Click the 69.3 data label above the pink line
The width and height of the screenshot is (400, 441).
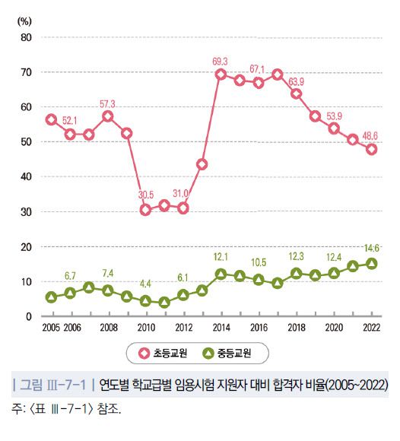pyautogui.click(x=221, y=59)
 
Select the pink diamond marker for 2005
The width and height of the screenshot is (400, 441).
pyautogui.click(x=52, y=119)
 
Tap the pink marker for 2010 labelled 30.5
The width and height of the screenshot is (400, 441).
pyautogui.click(x=145, y=209)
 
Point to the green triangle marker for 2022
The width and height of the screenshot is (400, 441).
pyautogui.click(x=372, y=263)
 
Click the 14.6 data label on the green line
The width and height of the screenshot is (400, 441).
pyautogui.click(x=372, y=248)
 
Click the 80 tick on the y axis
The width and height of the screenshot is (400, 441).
pyautogui.click(x=25, y=37)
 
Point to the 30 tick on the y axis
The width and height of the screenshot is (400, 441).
pyautogui.click(x=25, y=212)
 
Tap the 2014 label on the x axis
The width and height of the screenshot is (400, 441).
pyautogui.click(x=221, y=327)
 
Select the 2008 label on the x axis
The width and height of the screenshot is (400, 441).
pyautogui.click(x=108, y=327)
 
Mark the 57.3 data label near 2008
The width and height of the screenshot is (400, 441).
pyautogui.click(x=108, y=103)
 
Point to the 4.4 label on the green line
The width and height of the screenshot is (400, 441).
pyautogui.click(x=145, y=284)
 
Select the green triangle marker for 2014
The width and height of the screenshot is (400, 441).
pyautogui.click(x=221, y=274)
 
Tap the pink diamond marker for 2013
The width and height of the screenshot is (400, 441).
pyautogui.click(x=202, y=164)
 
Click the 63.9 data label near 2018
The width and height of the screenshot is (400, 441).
pyautogui.click(x=297, y=81)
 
